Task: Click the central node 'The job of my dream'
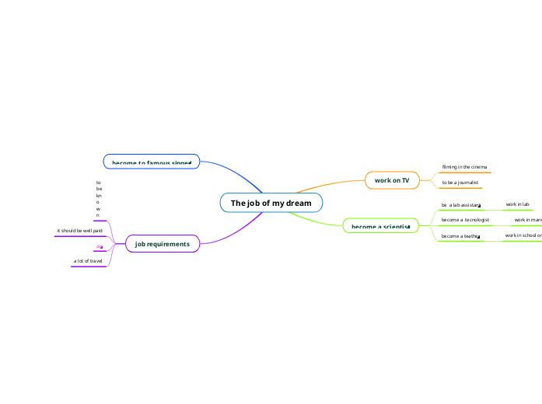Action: tap(271, 203)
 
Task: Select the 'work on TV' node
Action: tap(392, 180)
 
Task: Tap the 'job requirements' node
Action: tap(162, 244)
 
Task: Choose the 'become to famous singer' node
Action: tap(152, 162)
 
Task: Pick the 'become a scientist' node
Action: tap(380, 226)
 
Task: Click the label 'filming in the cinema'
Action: tap(464, 167)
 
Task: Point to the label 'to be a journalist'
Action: tap(460, 183)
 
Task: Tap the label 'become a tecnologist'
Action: tap(465, 220)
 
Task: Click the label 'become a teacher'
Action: tap(460, 235)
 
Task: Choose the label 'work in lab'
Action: tap(517, 204)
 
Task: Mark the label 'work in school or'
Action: tap(523, 235)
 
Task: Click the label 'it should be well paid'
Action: tap(79, 231)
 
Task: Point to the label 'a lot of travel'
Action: tap(88, 261)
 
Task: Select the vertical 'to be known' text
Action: tap(98, 198)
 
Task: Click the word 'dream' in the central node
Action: tap(298, 203)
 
